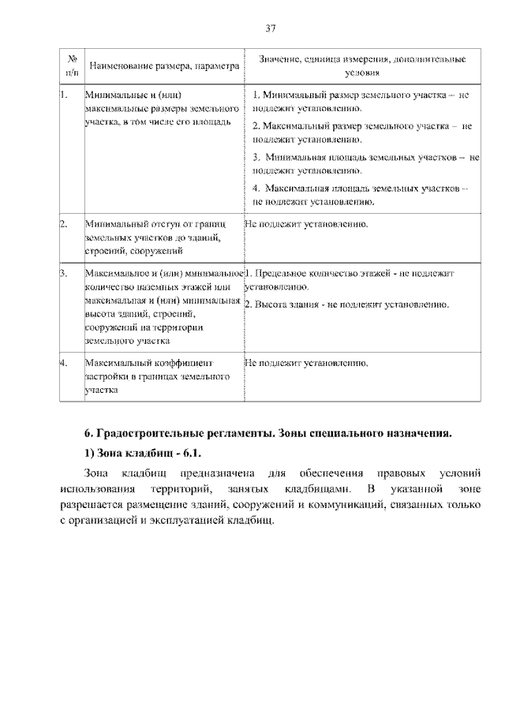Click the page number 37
click(271, 28)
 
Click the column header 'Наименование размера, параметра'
click(163, 66)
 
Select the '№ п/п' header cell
click(72, 65)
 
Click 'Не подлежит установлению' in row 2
click(307, 225)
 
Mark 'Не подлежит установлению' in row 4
click(307, 364)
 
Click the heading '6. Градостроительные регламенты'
click(268, 433)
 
